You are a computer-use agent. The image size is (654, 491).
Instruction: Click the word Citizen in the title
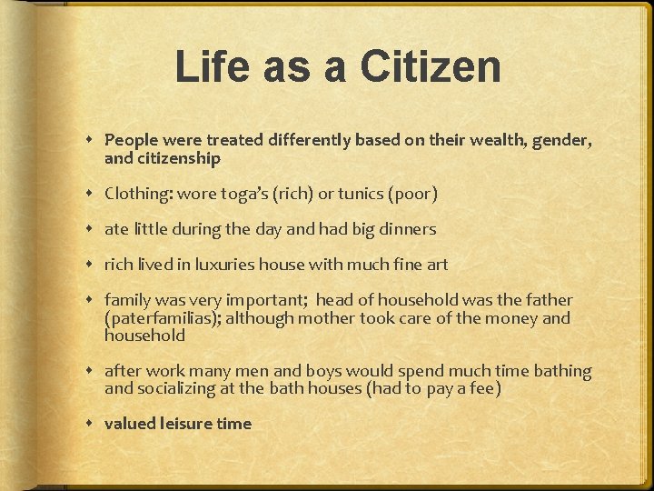pos(430,67)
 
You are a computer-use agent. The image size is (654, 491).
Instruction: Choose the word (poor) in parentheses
pos(413,194)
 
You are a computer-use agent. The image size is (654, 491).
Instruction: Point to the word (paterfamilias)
pos(163,317)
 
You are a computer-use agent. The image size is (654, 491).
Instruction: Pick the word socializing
pos(181,388)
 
